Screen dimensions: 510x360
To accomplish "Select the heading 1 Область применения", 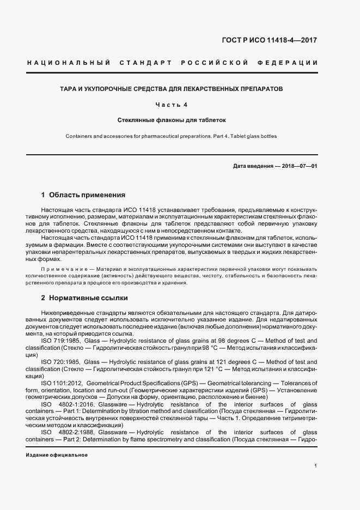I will (x=83, y=195).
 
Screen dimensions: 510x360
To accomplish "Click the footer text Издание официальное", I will (x=57, y=454).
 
